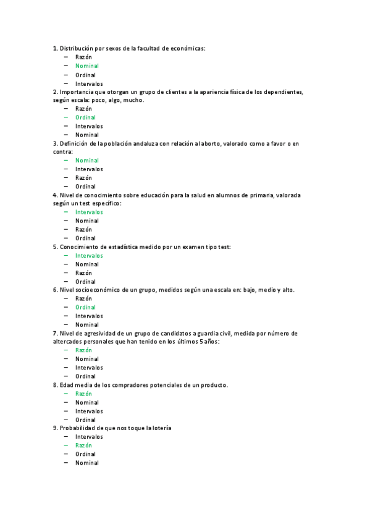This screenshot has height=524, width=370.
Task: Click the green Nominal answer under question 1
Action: pyautogui.click(x=87, y=65)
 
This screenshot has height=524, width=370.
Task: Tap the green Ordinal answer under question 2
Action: pyautogui.click(x=86, y=117)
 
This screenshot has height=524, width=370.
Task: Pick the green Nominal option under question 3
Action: pyautogui.click(x=87, y=161)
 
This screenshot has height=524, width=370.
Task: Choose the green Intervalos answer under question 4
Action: pyautogui.click(x=89, y=212)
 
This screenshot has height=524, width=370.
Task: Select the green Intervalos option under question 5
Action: pyautogui.click(x=89, y=255)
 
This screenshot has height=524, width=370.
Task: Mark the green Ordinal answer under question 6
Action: pyautogui.click(x=86, y=307)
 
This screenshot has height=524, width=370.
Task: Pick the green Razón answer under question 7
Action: pyautogui.click(x=84, y=350)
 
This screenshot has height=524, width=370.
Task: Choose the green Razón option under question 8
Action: pyautogui.click(x=84, y=394)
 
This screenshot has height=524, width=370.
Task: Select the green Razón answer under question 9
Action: pyautogui.click(x=84, y=445)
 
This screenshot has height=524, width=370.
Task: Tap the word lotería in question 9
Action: pyautogui.click(x=159, y=428)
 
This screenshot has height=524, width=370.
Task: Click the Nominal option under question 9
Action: pyautogui.click(x=87, y=463)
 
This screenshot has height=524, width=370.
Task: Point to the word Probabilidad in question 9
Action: pyautogui.click(x=77, y=428)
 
